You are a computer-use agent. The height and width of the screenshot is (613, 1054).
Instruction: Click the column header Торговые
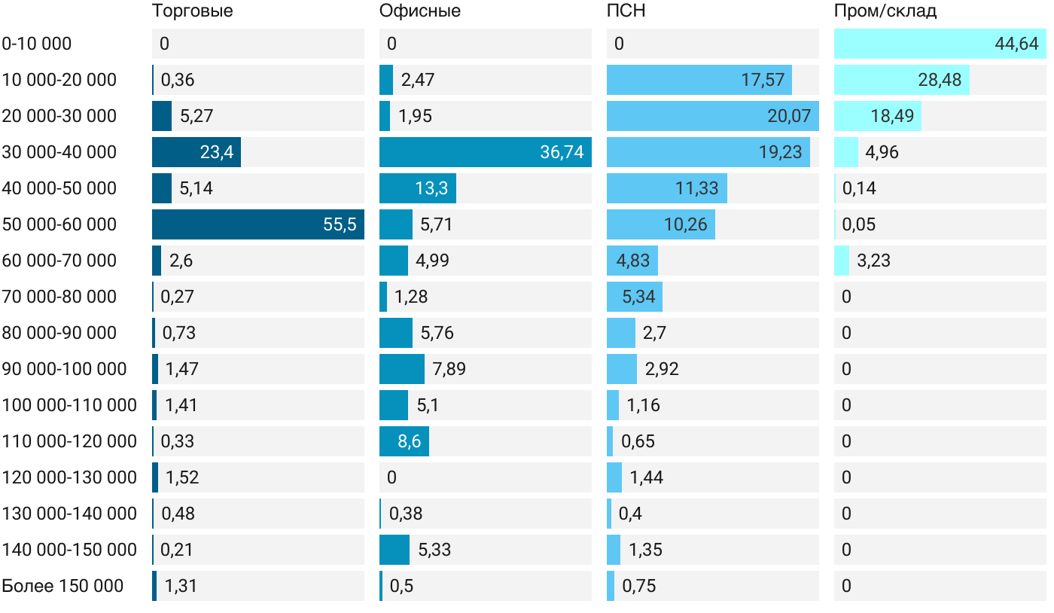[192, 11]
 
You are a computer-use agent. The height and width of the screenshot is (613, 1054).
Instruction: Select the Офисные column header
[419, 11]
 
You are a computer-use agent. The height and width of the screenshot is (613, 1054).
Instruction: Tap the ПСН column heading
[626, 11]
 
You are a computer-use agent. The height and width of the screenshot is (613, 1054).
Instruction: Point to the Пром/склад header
[885, 11]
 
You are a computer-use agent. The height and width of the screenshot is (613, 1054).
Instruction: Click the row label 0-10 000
[37, 44]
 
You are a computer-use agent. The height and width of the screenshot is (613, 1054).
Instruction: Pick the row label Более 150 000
[62, 586]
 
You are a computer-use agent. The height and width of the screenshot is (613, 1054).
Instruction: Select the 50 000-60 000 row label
[59, 224]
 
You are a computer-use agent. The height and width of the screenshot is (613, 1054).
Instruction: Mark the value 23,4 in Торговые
[216, 152]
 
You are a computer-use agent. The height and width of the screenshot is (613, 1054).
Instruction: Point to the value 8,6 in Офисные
[410, 441]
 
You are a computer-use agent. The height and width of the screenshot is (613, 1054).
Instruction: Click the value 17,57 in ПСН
[763, 80]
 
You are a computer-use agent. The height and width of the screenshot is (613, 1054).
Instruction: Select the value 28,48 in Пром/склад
[940, 80]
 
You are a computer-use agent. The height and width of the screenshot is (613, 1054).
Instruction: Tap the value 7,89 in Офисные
[449, 369]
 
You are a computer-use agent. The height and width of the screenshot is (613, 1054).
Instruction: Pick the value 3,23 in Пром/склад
[873, 261]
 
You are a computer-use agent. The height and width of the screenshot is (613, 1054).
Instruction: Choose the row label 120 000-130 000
[69, 477]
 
